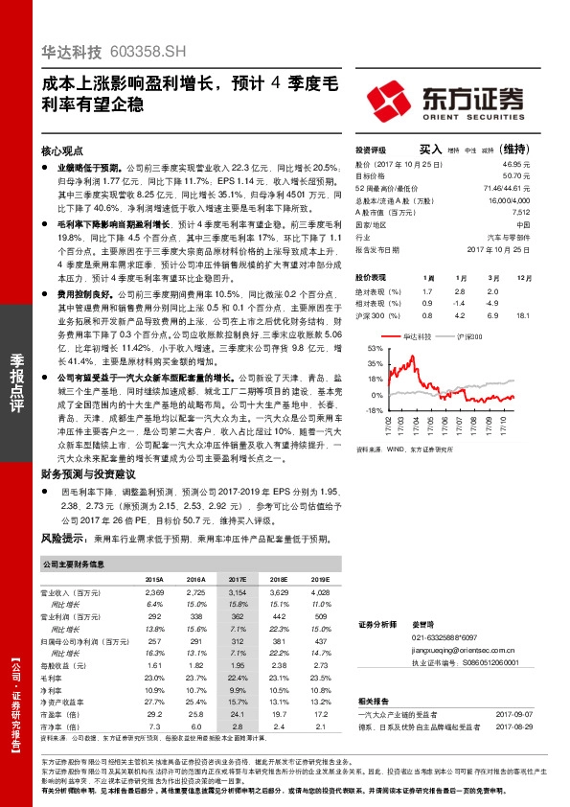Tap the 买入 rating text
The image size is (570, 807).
[x=431, y=150]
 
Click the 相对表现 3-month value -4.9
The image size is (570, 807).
[x=492, y=303]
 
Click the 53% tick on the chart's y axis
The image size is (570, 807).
[x=362, y=349]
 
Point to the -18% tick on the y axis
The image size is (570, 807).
[x=361, y=410]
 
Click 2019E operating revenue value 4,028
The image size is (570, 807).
[x=320, y=594]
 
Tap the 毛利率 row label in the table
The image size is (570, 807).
[x=55, y=677]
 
